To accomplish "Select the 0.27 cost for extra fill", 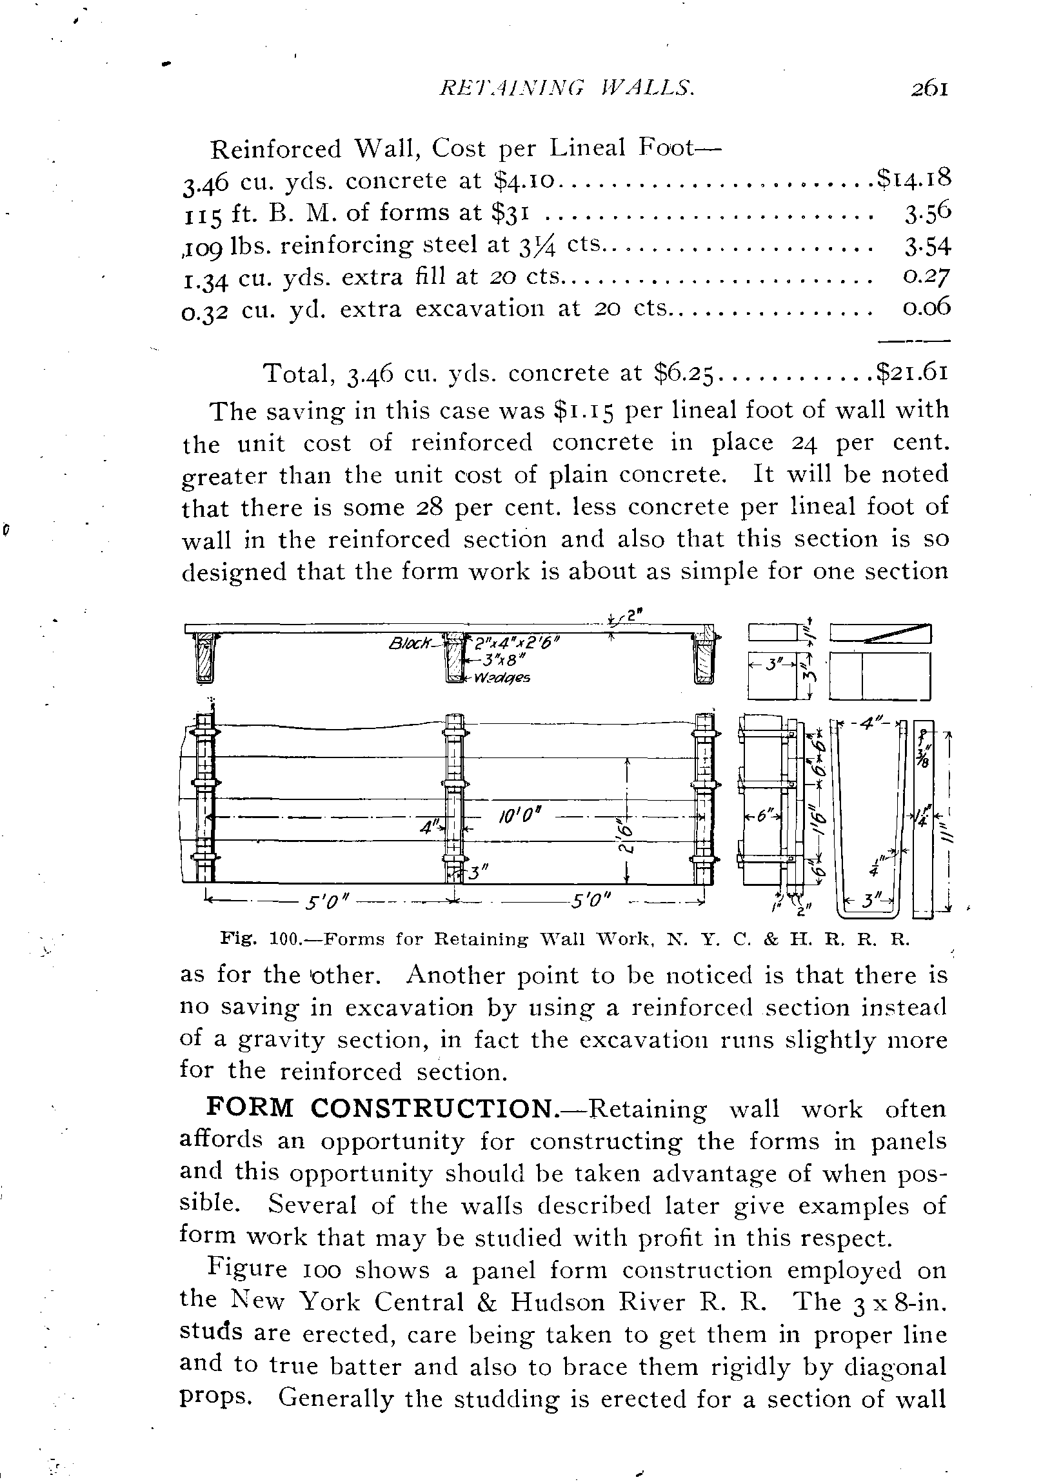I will (926, 277).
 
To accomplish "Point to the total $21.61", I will (913, 374).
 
